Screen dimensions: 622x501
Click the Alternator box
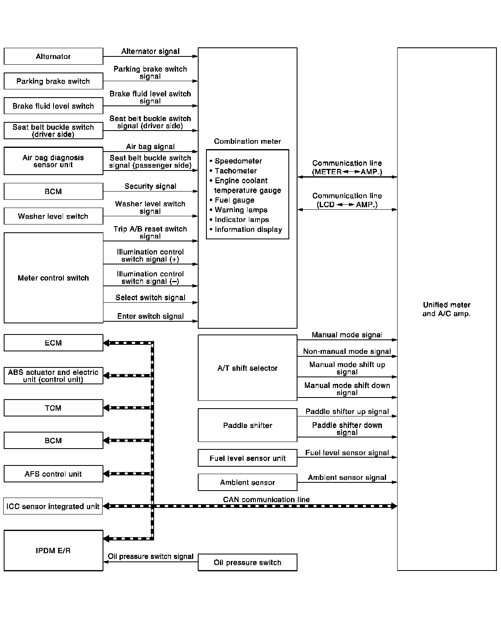[53, 56]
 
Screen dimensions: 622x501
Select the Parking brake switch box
[53, 81]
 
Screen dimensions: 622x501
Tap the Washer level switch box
[53, 216]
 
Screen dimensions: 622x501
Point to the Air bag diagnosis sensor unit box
[53, 161]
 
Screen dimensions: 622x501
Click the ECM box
[53, 343]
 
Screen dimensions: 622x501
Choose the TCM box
[53, 408]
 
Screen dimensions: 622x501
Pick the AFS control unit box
[53, 474]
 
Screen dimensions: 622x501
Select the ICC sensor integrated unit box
[53, 506]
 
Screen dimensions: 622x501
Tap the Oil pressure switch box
[247, 562]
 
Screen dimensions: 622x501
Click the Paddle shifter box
[247, 425]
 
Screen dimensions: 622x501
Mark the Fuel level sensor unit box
[247, 458]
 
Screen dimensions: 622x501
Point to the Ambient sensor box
[247, 482]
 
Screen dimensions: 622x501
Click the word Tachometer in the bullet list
[236, 171]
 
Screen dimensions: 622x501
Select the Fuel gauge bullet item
[234, 200]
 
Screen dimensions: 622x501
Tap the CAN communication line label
[266, 499]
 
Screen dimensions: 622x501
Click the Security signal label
[150, 186]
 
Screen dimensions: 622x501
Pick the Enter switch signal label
[150, 316]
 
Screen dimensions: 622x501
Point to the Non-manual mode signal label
[347, 351]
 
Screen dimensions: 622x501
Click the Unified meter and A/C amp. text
[447, 309]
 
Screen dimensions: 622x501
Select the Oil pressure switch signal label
[150, 556]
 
